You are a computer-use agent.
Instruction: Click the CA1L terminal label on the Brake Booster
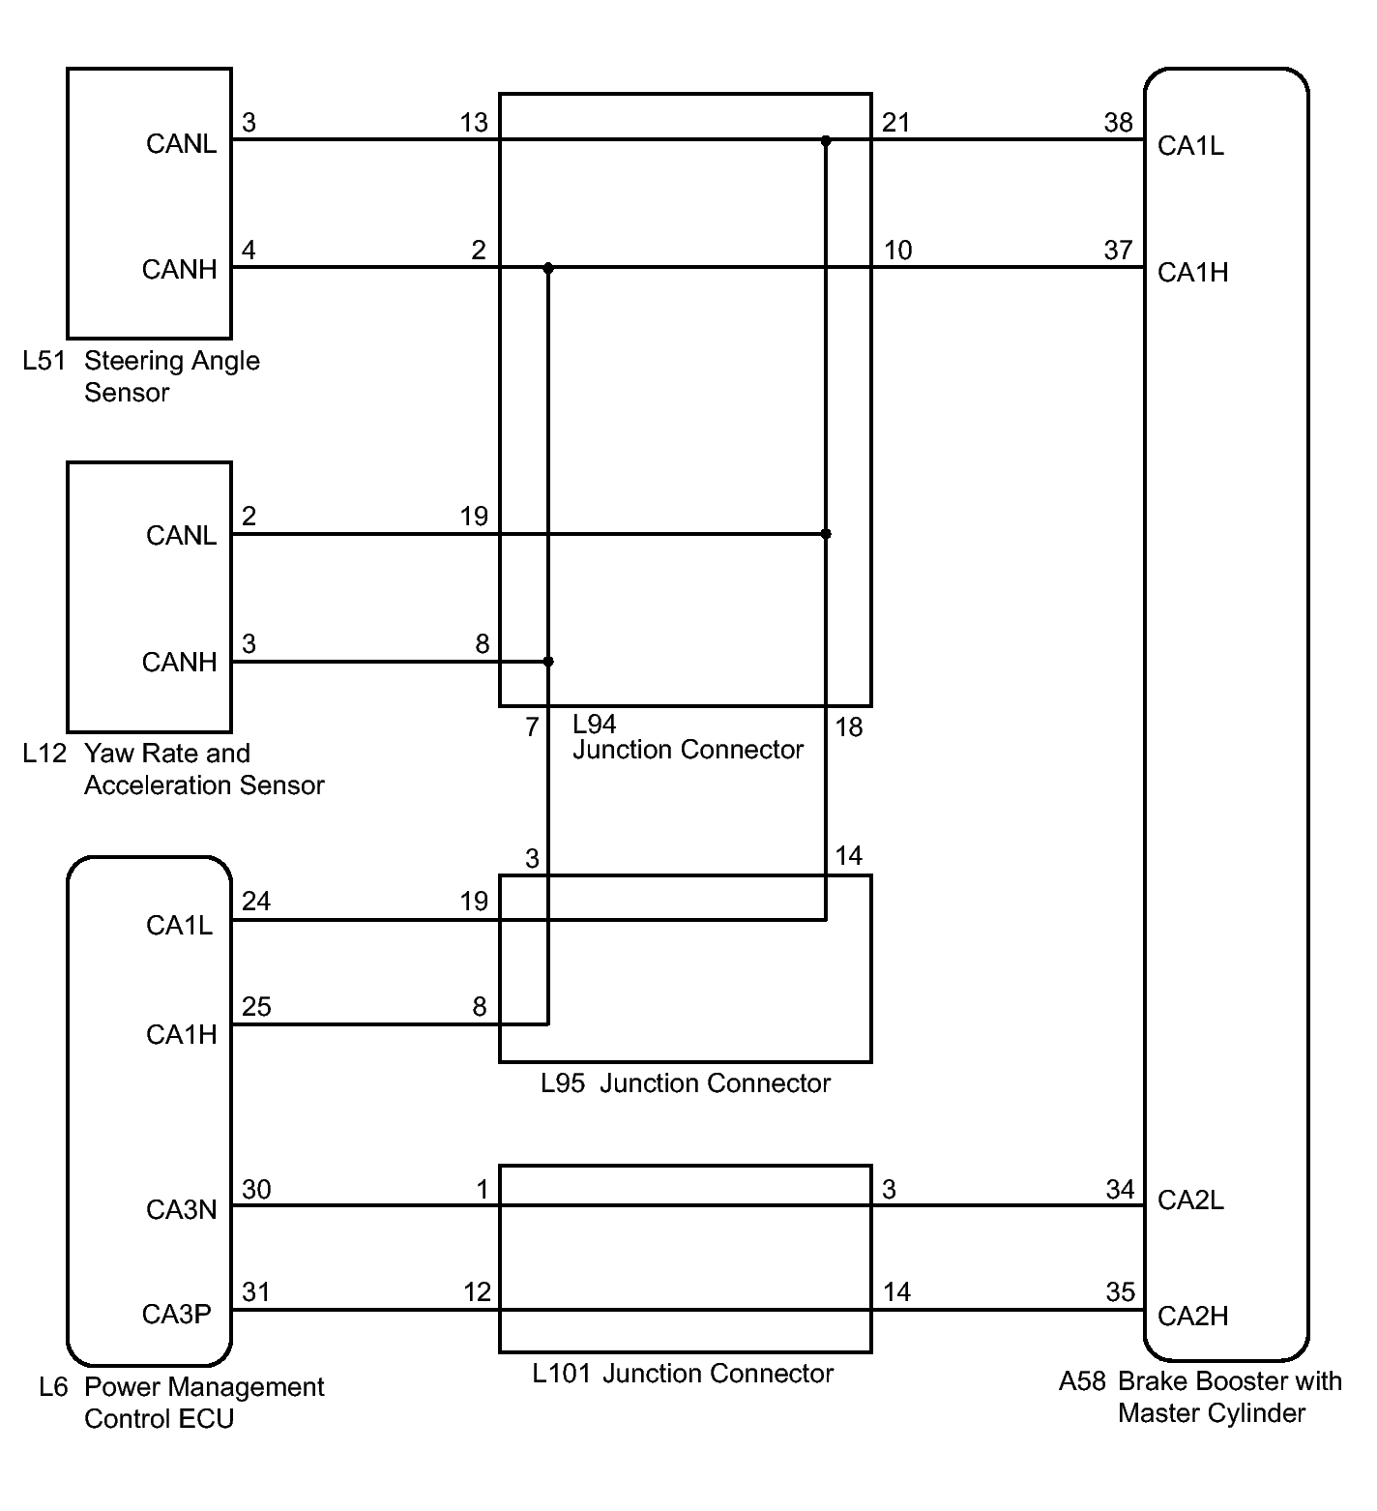pos(1190,146)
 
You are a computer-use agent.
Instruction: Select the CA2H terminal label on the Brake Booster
pos(1192,1317)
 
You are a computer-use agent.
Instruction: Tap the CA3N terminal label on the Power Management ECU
pos(181,1210)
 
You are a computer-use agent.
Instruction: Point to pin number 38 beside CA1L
pos(1118,123)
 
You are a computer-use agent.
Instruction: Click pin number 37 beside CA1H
pos(1118,251)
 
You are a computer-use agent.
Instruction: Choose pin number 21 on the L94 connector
pos(896,123)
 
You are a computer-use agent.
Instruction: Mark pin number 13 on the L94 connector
pos(474,123)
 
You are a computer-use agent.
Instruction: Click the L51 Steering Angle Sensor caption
pos(142,376)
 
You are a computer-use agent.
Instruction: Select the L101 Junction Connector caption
pos(683,1374)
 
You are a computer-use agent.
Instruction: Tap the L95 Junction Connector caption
pos(685,1083)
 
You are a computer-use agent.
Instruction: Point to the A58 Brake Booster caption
pos(1200,1397)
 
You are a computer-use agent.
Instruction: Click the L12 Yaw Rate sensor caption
pos(173,769)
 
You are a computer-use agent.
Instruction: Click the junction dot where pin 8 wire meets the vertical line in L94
pos(548,662)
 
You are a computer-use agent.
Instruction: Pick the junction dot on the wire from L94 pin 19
pos(826,534)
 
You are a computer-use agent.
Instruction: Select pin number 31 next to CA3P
pos(255,1292)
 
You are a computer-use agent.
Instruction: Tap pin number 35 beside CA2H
pos(1120,1292)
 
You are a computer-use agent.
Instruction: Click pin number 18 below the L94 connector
pos(848,727)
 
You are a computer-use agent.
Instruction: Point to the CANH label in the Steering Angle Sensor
pos(179,269)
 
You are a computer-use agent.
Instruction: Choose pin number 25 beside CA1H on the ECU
pos(256,1007)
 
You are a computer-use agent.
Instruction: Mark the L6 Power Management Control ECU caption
pos(181,1403)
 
